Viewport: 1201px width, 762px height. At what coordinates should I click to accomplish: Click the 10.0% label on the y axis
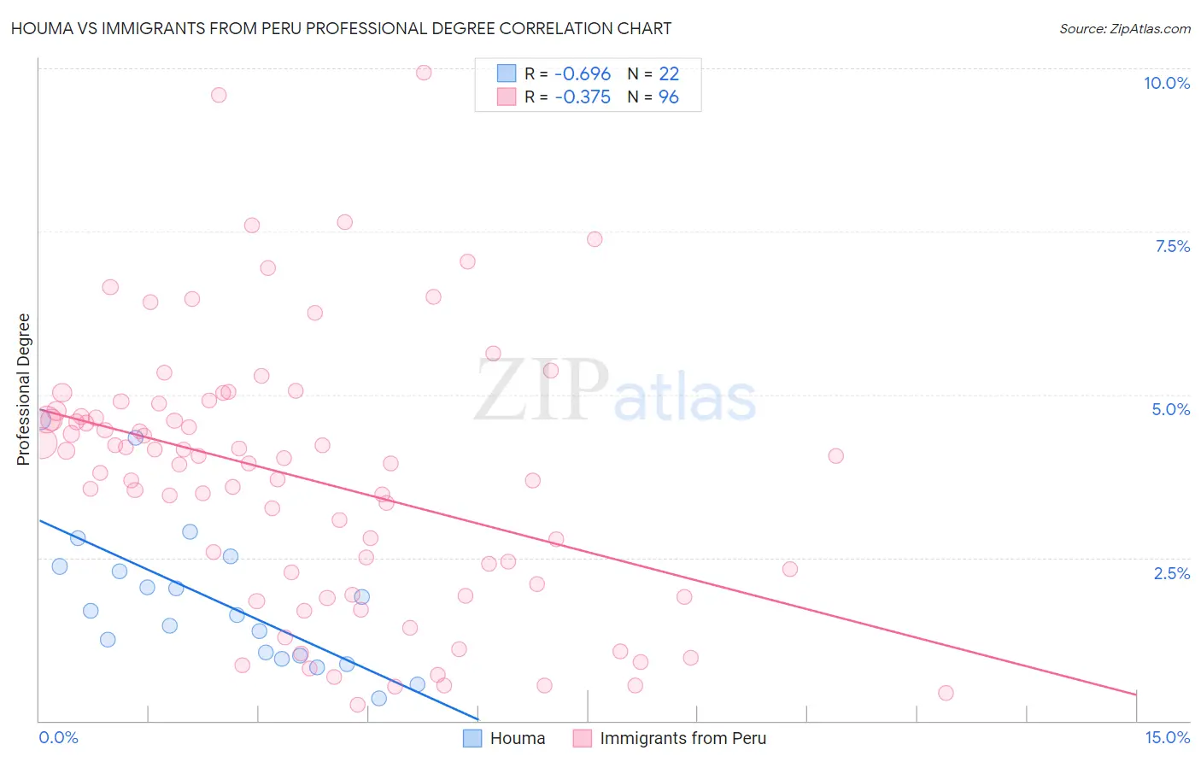[1166, 83]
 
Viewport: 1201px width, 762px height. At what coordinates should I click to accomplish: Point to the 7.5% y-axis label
[1172, 246]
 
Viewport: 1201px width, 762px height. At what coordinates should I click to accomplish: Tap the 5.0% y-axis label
[1170, 409]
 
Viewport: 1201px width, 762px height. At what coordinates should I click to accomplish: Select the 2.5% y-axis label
[1171, 573]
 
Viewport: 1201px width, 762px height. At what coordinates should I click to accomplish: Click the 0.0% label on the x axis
[58, 737]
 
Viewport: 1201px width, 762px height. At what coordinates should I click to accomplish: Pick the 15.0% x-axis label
[1167, 737]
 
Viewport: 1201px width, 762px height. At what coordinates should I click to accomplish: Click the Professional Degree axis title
[24, 390]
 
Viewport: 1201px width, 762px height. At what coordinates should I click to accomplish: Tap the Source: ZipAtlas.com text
[1124, 28]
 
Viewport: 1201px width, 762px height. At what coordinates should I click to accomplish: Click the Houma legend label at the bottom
[517, 738]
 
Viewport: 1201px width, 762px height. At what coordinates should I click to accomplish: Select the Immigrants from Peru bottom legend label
[683, 738]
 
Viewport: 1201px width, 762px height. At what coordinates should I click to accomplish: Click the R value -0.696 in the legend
[583, 74]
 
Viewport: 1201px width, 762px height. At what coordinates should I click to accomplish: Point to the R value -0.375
[583, 97]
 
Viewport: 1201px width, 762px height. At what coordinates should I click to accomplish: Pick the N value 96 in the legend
[668, 97]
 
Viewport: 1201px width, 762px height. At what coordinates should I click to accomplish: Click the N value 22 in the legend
[668, 74]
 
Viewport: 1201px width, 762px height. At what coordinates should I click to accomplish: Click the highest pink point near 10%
[424, 73]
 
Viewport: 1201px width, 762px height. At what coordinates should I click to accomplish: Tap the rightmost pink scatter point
[946, 693]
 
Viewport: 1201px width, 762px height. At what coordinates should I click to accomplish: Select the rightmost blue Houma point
[418, 683]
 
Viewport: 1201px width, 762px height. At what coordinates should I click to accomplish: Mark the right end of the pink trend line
[1137, 695]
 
